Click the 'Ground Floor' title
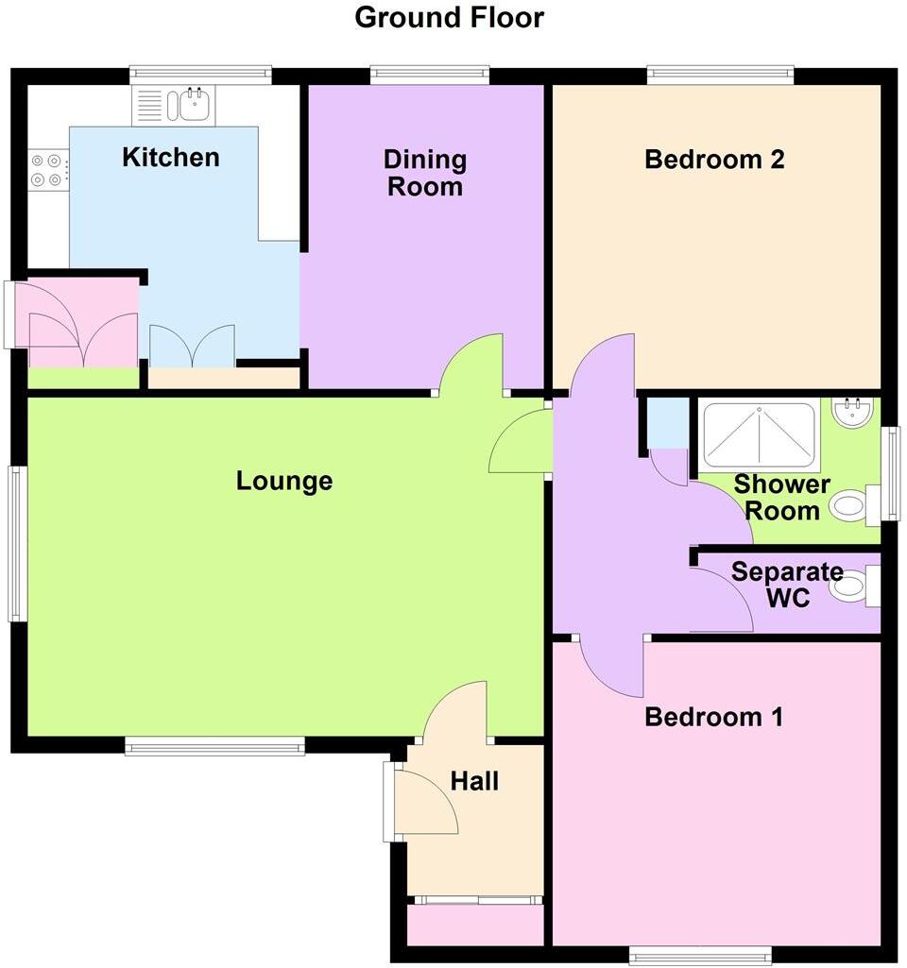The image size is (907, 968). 449,17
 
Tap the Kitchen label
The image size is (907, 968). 171,157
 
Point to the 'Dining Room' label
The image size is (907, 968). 426,173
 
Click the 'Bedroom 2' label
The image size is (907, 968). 714,160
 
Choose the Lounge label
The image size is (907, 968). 284,481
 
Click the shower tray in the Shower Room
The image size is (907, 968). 758,434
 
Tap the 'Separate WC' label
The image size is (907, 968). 787,585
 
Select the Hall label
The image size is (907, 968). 474,781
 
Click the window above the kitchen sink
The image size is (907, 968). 200,72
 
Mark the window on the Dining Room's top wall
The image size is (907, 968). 430,72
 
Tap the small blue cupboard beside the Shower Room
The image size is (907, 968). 668,422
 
